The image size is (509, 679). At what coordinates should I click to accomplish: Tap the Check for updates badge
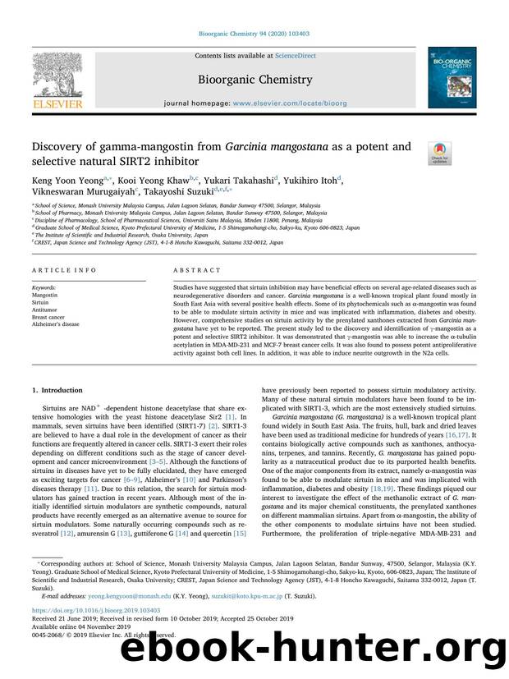pyautogui.click(x=439, y=151)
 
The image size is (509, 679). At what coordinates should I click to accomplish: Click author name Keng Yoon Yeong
pyautogui.click(x=63, y=180)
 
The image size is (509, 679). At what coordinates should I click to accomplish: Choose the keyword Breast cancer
pyautogui.click(x=48, y=317)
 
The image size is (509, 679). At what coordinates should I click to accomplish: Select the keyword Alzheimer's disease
pyautogui.click(x=55, y=324)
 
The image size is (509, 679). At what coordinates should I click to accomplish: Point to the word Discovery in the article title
pyautogui.click(x=61, y=147)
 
